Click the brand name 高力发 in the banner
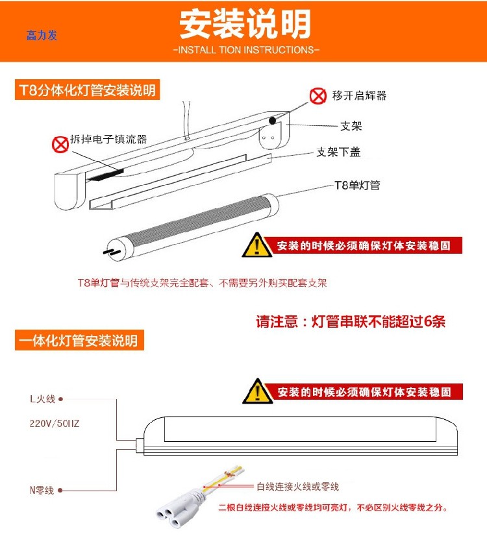pyautogui.click(x=42, y=35)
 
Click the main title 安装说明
pyautogui.click(x=245, y=25)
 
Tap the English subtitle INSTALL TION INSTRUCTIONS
pyautogui.click(x=246, y=50)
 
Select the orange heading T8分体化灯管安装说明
pyautogui.click(x=87, y=90)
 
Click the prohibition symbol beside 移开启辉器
pyautogui.click(x=318, y=97)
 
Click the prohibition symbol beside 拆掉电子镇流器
pyautogui.click(x=60, y=143)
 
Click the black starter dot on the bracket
pyautogui.click(x=273, y=120)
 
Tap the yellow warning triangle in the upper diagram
pyautogui.click(x=257, y=245)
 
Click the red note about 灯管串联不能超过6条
pyautogui.click(x=351, y=322)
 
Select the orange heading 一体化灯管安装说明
pyautogui.click(x=79, y=341)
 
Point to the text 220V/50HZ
pyautogui.click(x=55, y=424)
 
